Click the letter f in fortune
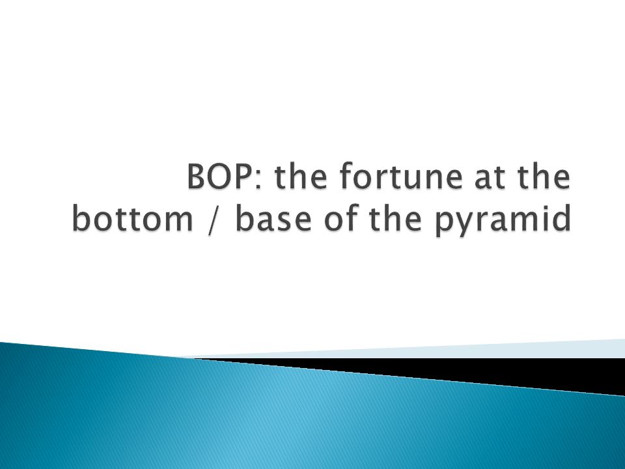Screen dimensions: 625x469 pos(348,175)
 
